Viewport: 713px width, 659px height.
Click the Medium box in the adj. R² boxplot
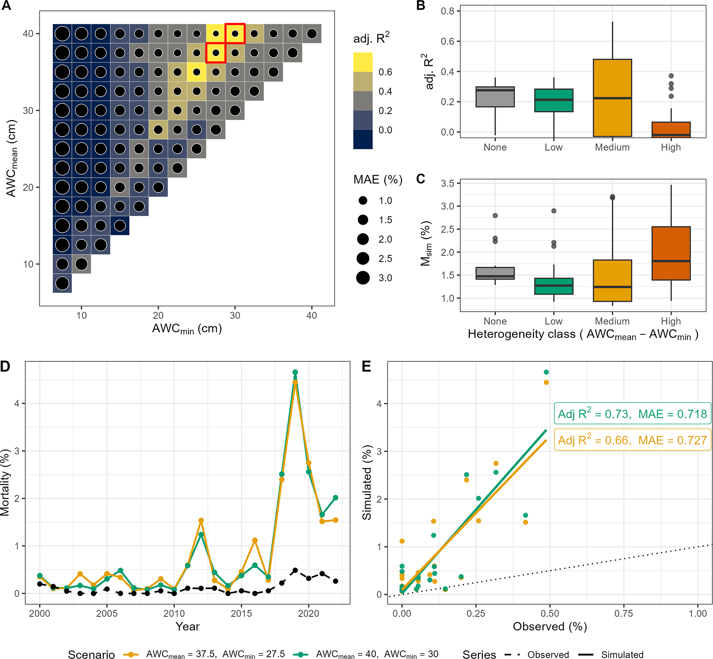pyautogui.click(x=612, y=98)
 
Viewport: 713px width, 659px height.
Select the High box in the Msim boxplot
pyautogui.click(x=671, y=253)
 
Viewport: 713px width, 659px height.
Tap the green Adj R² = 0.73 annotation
pyautogui.click(x=632, y=414)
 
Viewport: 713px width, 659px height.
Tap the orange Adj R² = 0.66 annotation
pyautogui.click(x=632, y=440)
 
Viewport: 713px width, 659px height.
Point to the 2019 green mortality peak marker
pyautogui.click(x=295, y=372)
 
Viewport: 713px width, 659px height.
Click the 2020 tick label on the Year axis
pyautogui.click(x=308, y=613)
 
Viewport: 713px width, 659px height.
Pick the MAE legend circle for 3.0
pyautogui.click(x=363, y=278)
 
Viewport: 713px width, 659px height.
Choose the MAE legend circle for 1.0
pyautogui.click(x=363, y=200)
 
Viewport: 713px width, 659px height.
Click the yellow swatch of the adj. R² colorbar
pyautogui.click(x=363, y=62)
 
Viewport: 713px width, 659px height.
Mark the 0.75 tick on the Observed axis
pyautogui.click(x=624, y=613)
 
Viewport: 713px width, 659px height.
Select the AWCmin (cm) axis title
pyautogui.click(x=187, y=329)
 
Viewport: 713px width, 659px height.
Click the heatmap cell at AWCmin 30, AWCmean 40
pyautogui.click(x=235, y=33)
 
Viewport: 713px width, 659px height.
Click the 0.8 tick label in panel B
pyautogui.click(x=447, y=11)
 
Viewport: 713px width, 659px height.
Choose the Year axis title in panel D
pyautogui.click(x=188, y=627)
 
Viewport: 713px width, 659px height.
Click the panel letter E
pyautogui.click(x=366, y=366)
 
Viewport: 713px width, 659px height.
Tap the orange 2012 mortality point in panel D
pyautogui.click(x=201, y=521)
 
